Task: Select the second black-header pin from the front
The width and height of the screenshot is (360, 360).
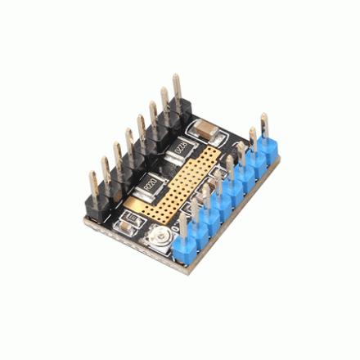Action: click(x=104, y=171)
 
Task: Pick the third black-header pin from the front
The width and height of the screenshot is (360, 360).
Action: click(x=117, y=157)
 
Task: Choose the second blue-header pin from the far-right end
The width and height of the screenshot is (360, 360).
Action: click(x=252, y=140)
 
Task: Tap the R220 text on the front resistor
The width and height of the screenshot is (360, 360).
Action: click(x=151, y=185)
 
